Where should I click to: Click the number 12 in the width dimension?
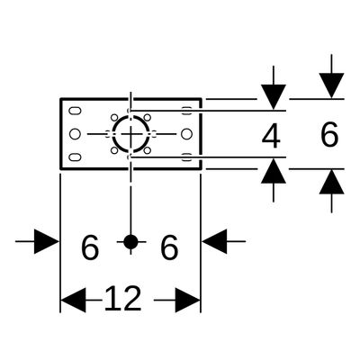(122, 299)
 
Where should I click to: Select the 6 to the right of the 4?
(329, 134)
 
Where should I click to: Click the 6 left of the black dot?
(90, 247)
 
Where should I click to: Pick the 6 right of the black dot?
(169, 247)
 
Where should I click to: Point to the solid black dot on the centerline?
(130, 241)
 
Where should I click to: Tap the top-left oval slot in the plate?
(75, 111)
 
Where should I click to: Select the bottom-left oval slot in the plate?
(75, 157)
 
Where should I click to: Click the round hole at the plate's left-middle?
(75, 134)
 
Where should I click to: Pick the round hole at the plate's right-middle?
(186, 134)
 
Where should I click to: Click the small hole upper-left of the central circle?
(114, 117)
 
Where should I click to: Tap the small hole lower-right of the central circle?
(147, 150)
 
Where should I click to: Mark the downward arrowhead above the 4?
(274, 96)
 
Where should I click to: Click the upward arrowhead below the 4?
(274, 171)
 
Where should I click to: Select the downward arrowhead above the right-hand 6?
(331, 85)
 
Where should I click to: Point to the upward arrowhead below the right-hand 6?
(331, 182)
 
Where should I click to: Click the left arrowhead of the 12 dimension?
(73, 300)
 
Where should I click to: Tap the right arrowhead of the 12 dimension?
(187, 300)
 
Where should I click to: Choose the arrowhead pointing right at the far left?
(47, 241)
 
